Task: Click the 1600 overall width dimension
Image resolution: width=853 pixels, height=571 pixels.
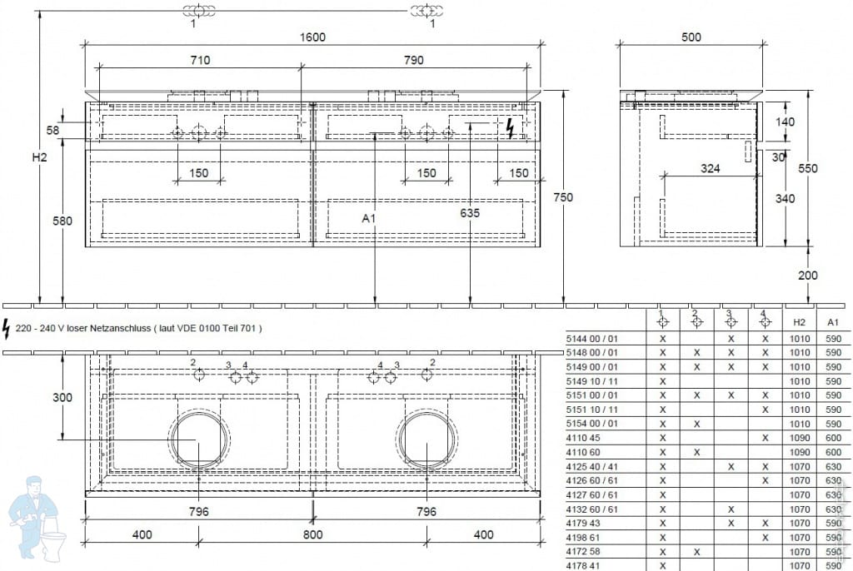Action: (x=312, y=37)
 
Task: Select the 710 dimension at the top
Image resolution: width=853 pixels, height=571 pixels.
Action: (x=200, y=60)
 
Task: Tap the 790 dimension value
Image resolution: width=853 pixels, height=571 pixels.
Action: (x=414, y=60)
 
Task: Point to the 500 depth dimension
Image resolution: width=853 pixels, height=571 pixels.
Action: (x=691, y=37)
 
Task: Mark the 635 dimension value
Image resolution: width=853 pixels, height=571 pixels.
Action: (x=470, y=213)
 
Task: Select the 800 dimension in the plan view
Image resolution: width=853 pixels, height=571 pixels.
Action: (x=312, y=535)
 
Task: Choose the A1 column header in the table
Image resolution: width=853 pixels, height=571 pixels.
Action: (x=833, y=321)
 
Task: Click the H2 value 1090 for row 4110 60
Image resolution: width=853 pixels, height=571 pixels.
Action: (x=799, y=452)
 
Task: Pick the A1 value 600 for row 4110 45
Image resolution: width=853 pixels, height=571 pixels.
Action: (x=833, y=438)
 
